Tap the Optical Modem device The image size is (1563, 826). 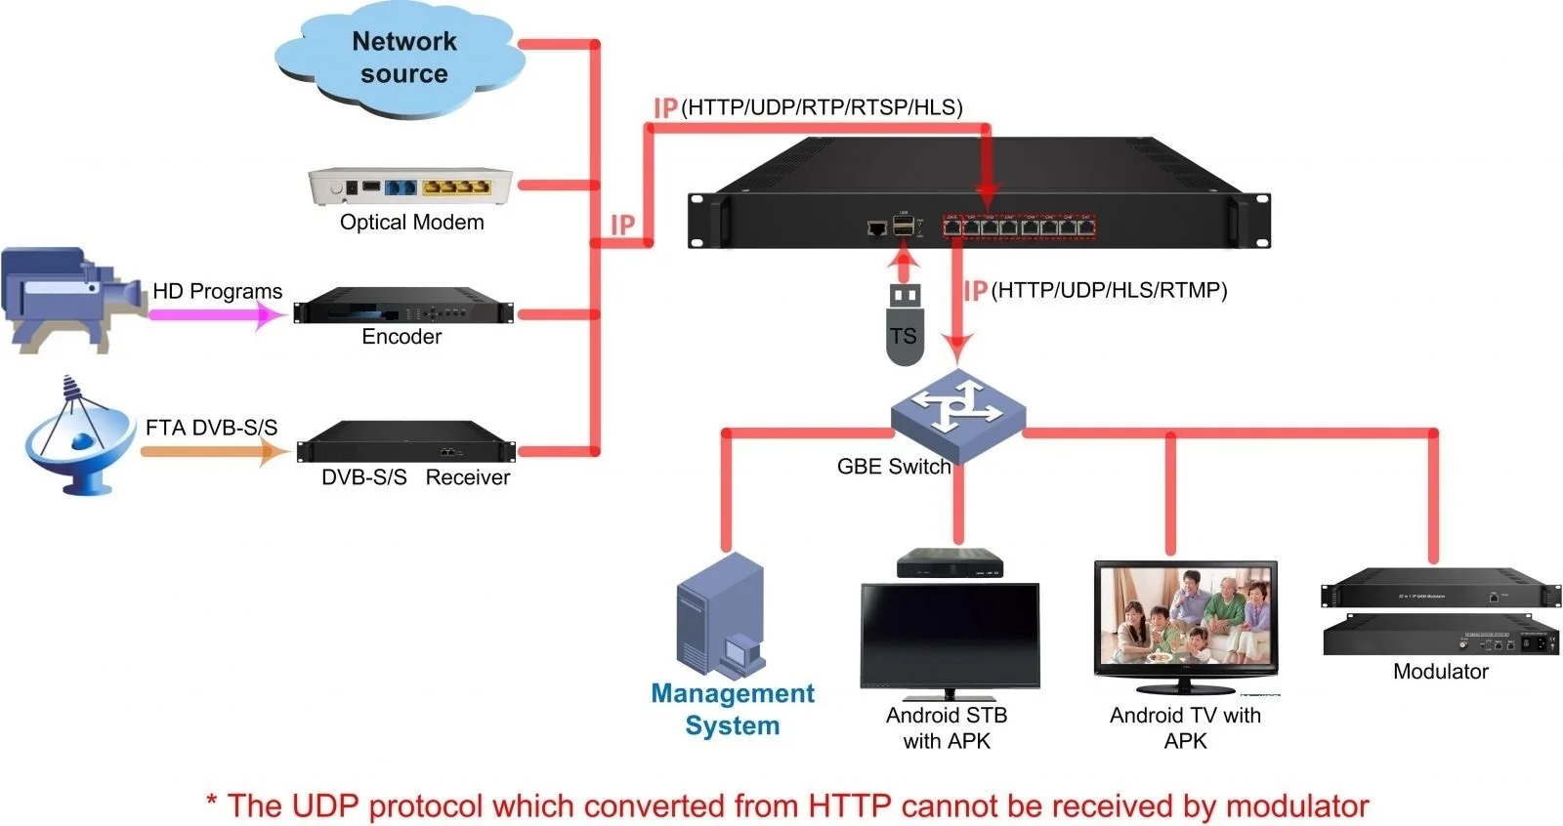[410, 186]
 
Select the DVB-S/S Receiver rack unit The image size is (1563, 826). [405, 442]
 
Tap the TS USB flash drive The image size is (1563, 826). [905, 324]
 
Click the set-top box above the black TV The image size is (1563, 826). [950, 562]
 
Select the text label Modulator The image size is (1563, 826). [1440, 672]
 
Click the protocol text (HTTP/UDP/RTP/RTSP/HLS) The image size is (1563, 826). [822, 107]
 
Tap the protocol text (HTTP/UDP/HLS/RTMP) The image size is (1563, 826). [1109, 290]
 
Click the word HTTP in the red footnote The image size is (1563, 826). [849, 806]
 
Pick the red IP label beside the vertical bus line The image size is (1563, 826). [622, 226]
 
